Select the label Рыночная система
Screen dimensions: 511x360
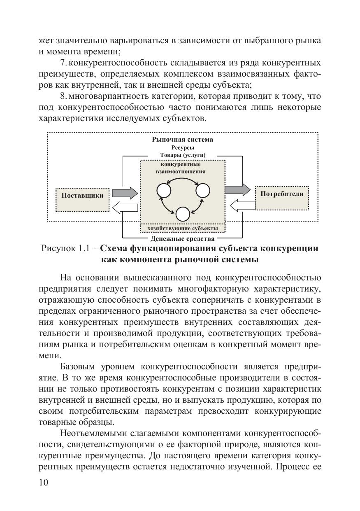182,140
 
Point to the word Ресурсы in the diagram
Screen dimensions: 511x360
182,147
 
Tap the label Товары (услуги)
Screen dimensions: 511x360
183,155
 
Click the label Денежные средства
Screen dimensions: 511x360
182,238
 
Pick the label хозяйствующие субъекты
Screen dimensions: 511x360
182,228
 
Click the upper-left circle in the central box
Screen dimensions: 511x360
163,190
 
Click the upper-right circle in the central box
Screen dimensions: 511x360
203,190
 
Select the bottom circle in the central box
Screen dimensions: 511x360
183,214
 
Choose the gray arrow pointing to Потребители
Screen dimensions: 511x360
237,189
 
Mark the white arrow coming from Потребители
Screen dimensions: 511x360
240,205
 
